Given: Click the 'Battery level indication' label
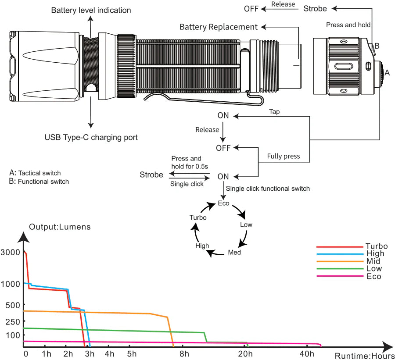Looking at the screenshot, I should pos(91,10).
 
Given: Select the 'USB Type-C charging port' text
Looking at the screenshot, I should pos(91,137).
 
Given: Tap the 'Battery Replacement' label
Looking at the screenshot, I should pos(219,27).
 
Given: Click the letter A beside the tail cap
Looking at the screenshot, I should pos(387,73).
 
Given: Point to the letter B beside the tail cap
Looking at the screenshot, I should pos(377,46).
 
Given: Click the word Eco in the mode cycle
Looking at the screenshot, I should pos(223,203).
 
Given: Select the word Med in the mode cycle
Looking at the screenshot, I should pos(234,253).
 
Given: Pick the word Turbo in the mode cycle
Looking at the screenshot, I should pos(198,217).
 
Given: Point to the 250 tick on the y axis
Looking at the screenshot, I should pos(13,321).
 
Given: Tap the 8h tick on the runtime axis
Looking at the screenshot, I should pos(184,354).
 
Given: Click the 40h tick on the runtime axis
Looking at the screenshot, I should pos(307,354).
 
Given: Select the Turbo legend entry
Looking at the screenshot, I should pos(376,246).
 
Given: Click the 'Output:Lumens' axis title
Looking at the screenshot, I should pos(60,227).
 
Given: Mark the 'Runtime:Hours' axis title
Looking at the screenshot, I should pos(365,356).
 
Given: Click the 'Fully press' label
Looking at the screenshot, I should pos(284,156).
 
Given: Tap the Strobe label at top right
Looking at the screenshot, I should pos(315,8).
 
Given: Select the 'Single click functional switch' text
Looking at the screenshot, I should pos(268,189).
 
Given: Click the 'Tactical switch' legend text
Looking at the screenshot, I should pos(39,173).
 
